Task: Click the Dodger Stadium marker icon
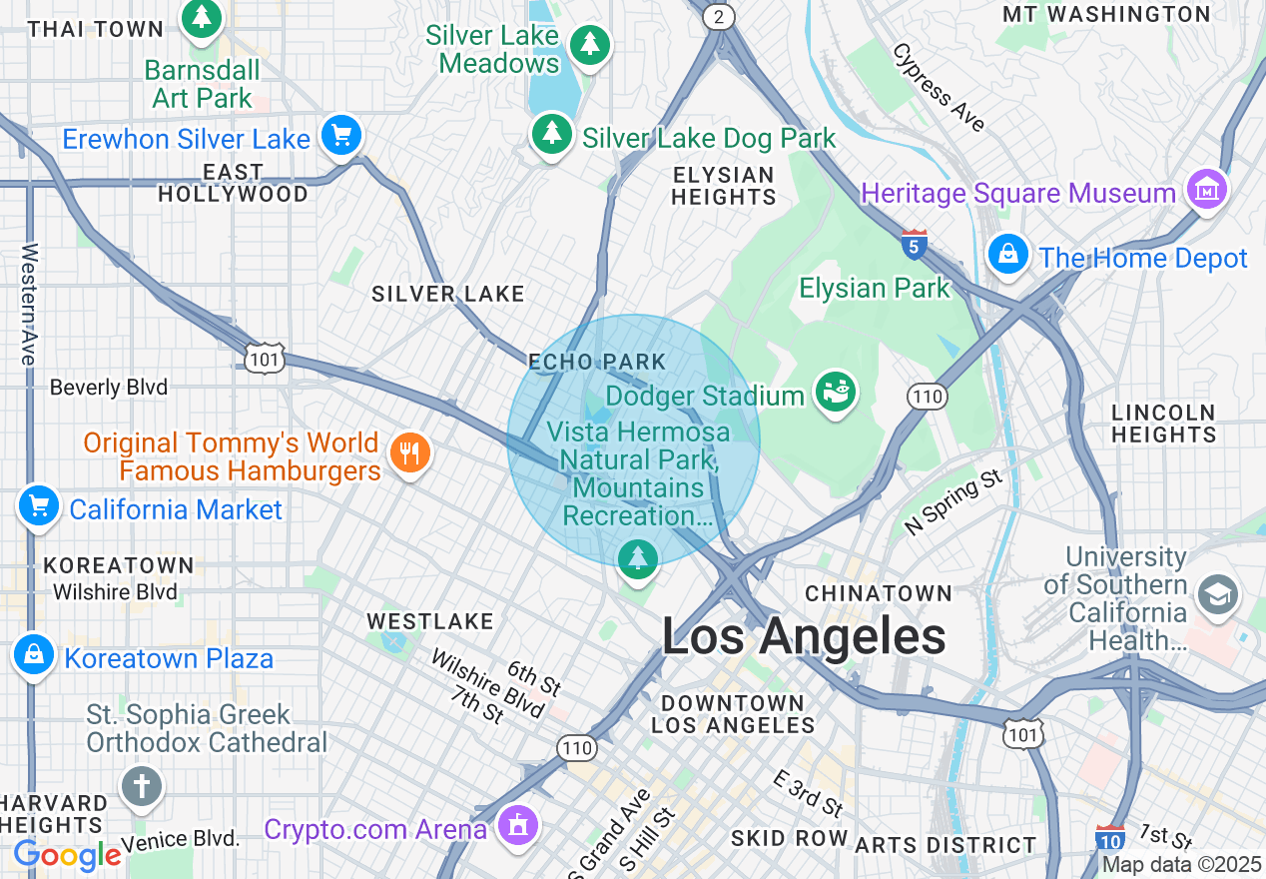coord(836,393)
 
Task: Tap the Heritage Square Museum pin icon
coord(1206,189)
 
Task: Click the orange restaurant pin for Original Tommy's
coord(409,453)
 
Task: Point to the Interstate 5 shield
coord(914,244)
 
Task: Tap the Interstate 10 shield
coord(1110,837)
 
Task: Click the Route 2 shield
coord(718,16)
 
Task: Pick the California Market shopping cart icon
coord(39,506)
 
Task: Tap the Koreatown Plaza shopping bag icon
coord(34,655)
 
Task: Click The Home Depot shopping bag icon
coord(1009,255)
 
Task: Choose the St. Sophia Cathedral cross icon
coord(142,785)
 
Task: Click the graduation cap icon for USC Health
coord(1218,595)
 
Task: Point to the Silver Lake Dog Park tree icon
coord(551,134)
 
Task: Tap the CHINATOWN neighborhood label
coord(879,593)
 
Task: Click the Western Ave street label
coord(29,304)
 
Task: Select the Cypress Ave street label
coord(939,87)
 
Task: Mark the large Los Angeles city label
coord(804,636)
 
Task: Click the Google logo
coord(67,855)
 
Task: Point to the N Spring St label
coord(953,501)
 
